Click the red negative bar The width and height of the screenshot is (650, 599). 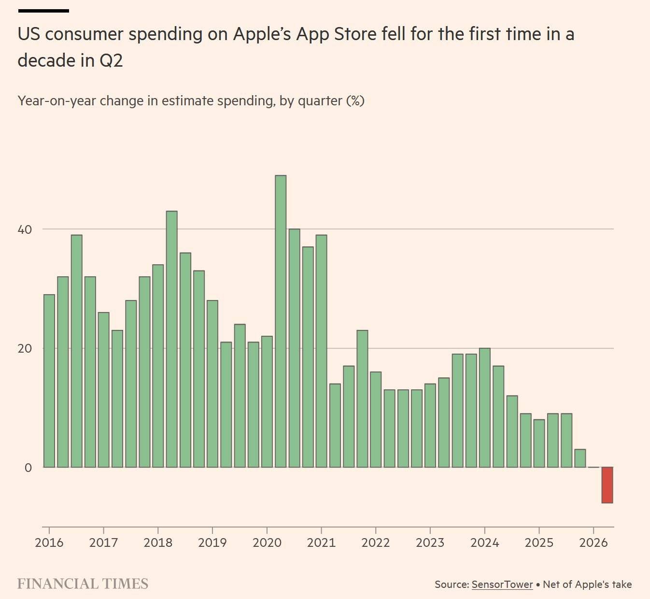[x=607, y=485]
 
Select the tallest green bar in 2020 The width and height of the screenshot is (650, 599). [x=281, y=321]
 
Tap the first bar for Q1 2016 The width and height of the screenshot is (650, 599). [x=49, y=381]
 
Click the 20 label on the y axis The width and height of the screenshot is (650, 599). [x=25, y=349]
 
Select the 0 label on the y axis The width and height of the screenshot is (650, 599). [x=28, y=468]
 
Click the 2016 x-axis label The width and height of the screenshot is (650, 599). [x=49, y=542]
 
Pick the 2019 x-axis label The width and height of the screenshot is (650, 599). [x=212, y=542]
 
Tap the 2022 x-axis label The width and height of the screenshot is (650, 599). [x=376, y=542]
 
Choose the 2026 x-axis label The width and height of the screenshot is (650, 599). [x=593, y=542]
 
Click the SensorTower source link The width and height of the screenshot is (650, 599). [x=502, y=585]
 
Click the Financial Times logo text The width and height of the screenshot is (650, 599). [x=83, y=584]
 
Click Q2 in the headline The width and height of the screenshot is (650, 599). [x=111, y=60]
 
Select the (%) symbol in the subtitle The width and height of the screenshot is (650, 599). [x=355, y=101]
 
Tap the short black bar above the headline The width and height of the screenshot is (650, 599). [x=43, y=11]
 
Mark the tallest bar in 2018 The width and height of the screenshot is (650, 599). [x=172, y=339]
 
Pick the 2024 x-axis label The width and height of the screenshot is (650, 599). [x=484, y=542]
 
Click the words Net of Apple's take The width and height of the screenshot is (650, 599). [x=587, y=585]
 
